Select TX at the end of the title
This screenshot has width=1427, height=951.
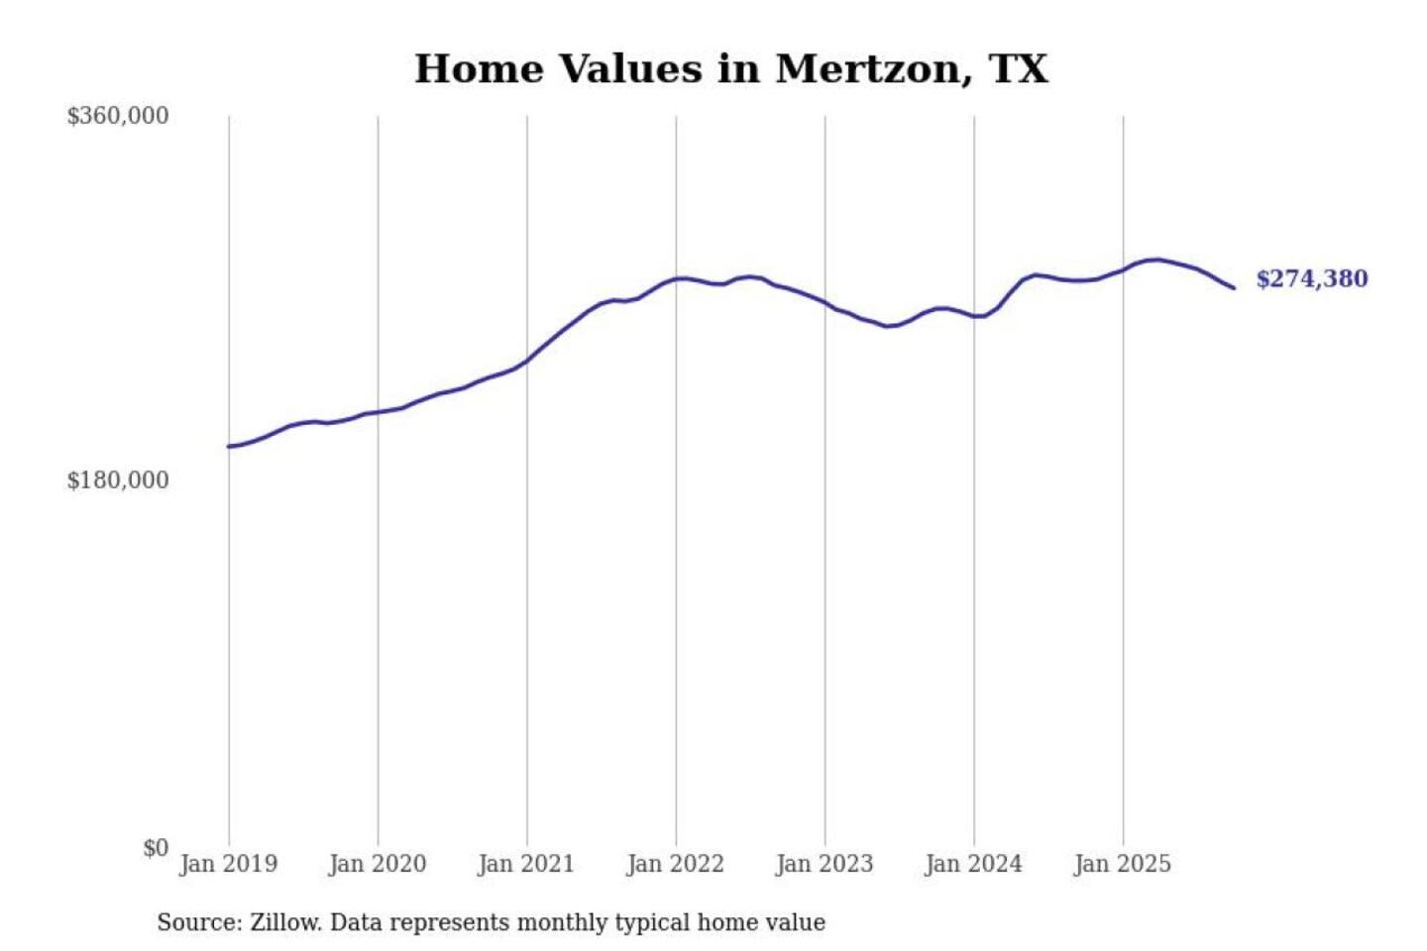pos(1018,69)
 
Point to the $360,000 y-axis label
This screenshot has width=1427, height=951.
pos(118,116)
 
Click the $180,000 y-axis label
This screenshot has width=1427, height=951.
pos(118,480)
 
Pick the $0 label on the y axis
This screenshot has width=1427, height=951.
pos(155,848)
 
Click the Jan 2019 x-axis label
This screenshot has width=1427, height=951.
pos(228,864)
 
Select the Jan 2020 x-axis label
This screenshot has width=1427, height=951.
pos(377,864)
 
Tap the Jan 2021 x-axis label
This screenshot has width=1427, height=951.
pos(525,864)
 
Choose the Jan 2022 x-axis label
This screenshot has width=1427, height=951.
pos(675,864)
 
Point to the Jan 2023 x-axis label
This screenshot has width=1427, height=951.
pos(824,864)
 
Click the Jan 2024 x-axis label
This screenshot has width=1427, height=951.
pos(973,864)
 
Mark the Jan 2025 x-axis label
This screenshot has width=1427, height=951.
pos(1122,864)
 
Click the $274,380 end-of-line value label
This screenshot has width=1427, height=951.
pos(1311,279)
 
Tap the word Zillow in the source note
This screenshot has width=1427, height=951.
pos(285,923)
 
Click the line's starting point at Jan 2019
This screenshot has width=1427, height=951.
pos(229,447)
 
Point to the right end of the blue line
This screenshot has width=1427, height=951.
pos(1234,288)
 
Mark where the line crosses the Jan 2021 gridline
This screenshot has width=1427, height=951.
pos(527,361)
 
